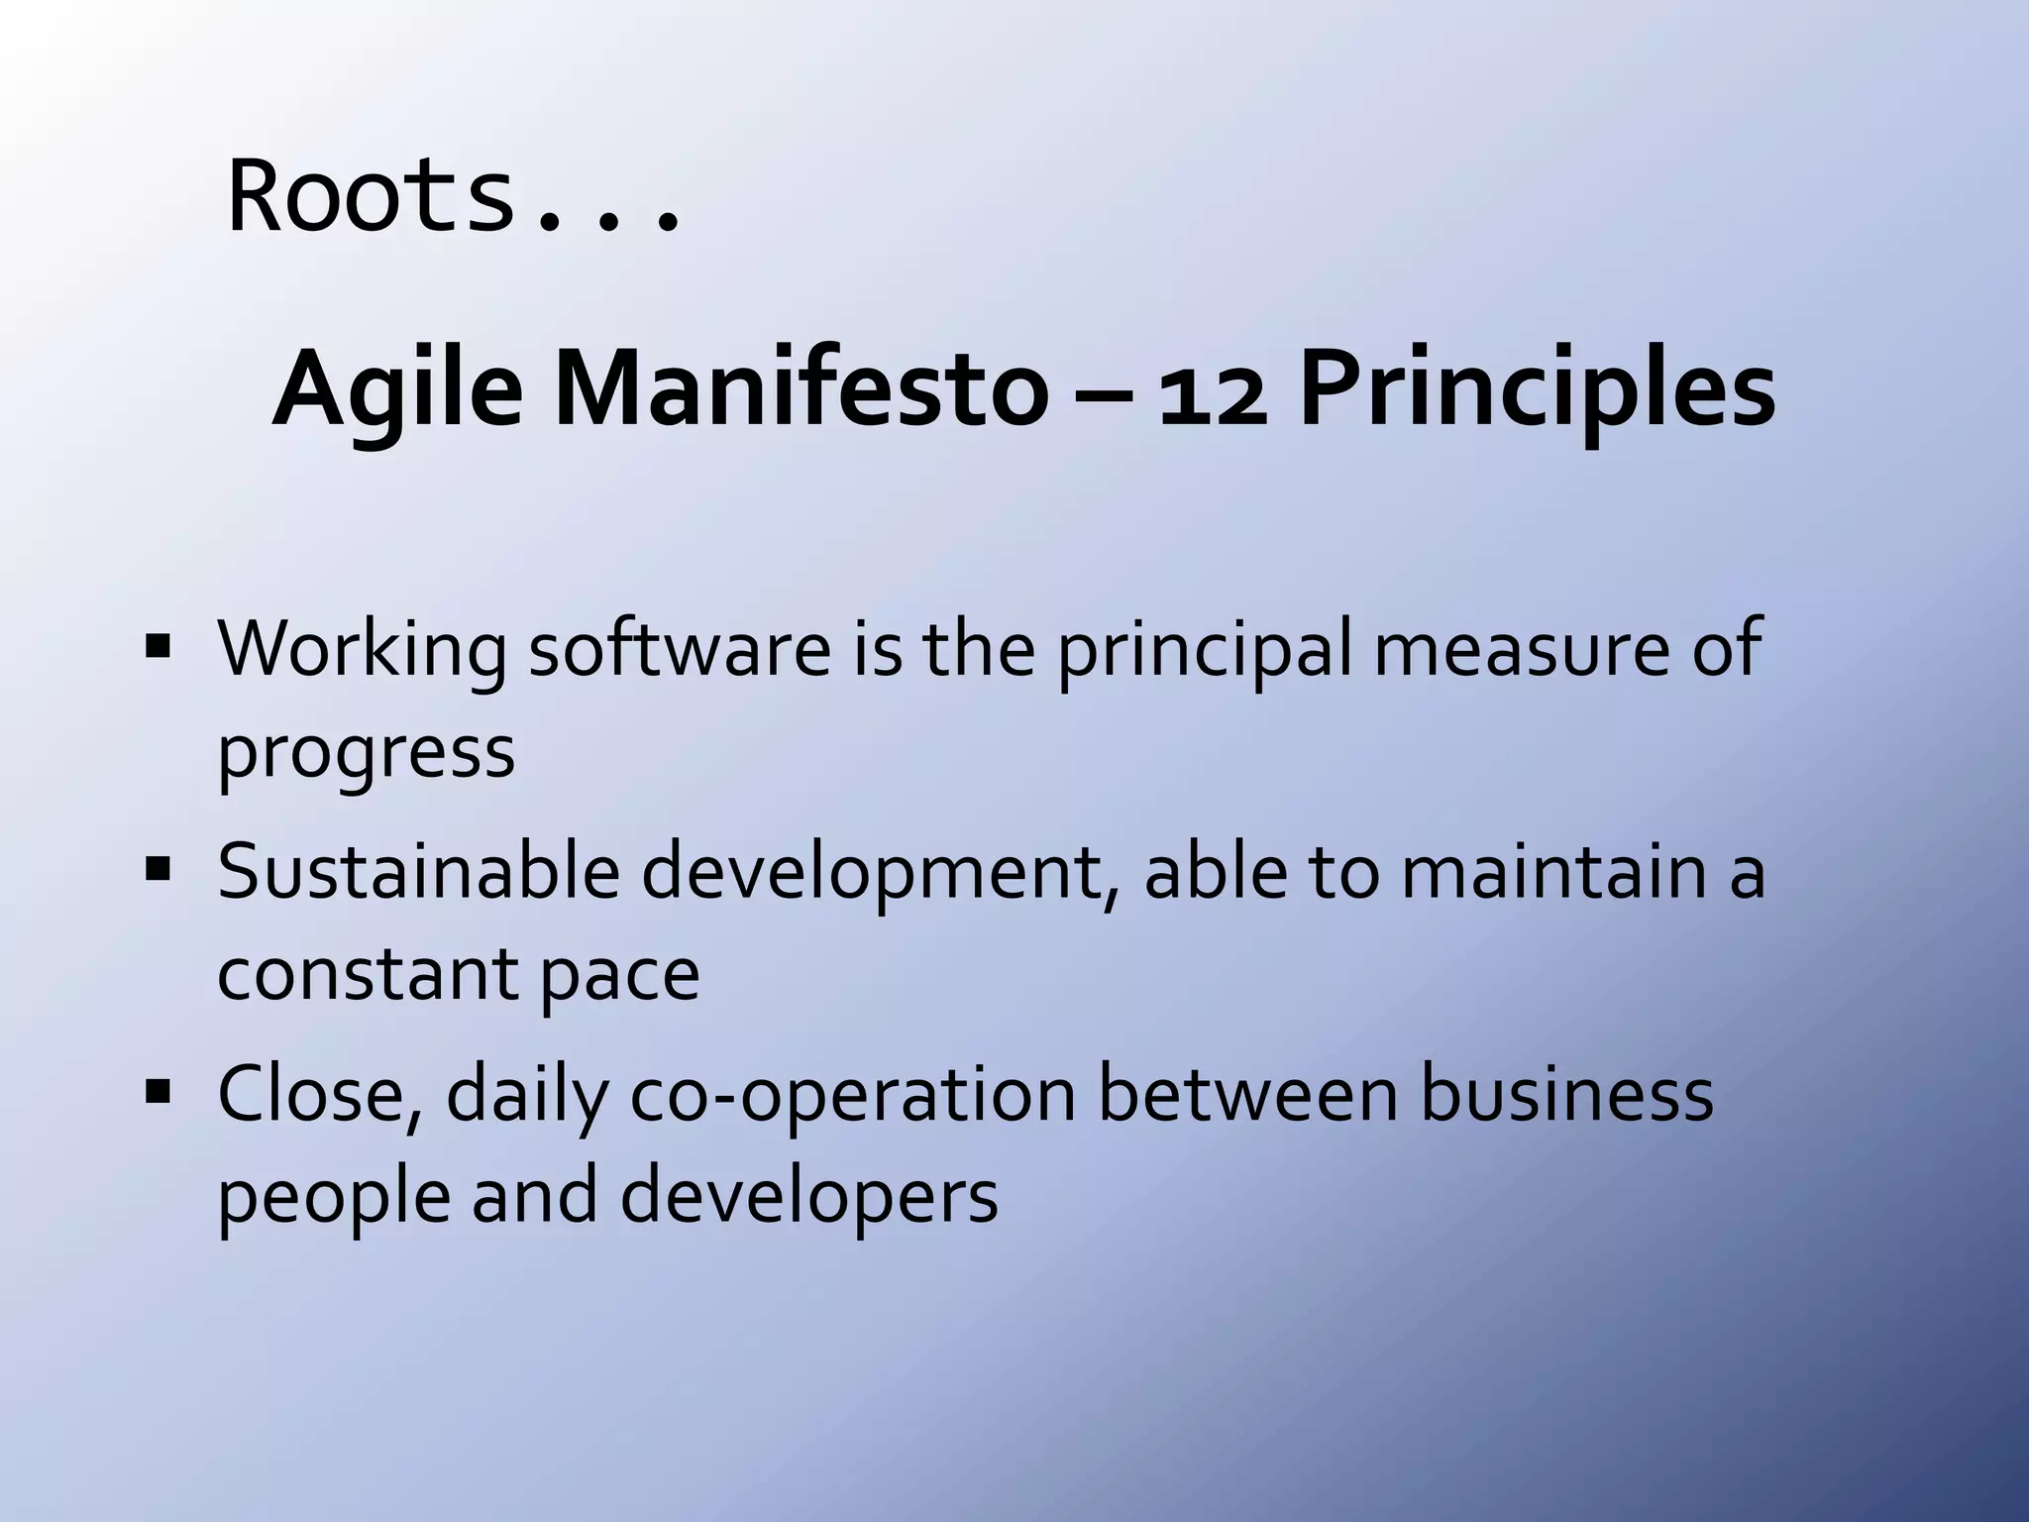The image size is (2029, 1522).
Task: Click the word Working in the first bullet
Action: pos(362,650)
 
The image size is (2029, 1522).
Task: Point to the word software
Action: pos(680,648)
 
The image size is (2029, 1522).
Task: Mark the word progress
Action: pos(366,753)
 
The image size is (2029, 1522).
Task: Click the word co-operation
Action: pos(852,1096)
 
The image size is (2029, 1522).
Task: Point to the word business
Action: pos(1566,1094)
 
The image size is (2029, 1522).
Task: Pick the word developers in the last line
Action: pos(808,1197)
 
